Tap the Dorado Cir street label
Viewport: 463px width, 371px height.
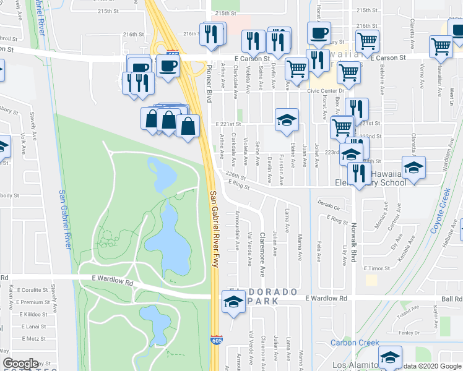pyautogui.click(x=329, y=202)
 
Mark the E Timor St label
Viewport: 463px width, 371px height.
pyautogui.click(x=376, y=268)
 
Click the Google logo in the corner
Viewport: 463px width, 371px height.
pyautogui.click(x=20, y=364)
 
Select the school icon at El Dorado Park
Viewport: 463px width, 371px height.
pyautogui.click(x=233, y=302)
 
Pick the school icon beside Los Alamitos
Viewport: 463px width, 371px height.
pyautogui.click(x=390, y=357)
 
